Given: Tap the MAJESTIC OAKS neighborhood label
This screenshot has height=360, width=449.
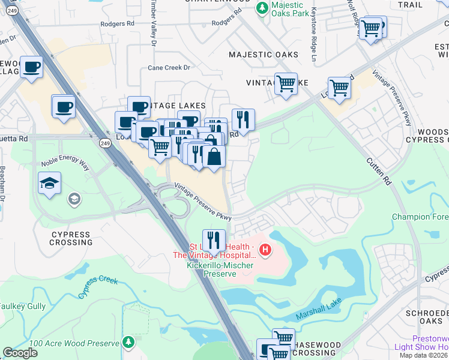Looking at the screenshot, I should coord(264,55).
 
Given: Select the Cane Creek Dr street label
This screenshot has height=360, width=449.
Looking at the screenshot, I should coord(169,68).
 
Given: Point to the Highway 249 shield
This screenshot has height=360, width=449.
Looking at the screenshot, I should coord(104,143).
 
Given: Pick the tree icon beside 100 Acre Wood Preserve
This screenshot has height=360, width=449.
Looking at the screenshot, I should coord(128,341).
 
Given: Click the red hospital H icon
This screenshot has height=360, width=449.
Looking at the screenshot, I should coord(265,248).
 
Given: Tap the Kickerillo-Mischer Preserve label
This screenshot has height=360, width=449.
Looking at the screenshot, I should coord(220,269).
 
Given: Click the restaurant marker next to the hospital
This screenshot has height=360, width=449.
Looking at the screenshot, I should coord(214,240).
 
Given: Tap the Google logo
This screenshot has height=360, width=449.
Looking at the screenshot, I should coord(20,353).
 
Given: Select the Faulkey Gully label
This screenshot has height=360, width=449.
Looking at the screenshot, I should coord(22,306).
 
